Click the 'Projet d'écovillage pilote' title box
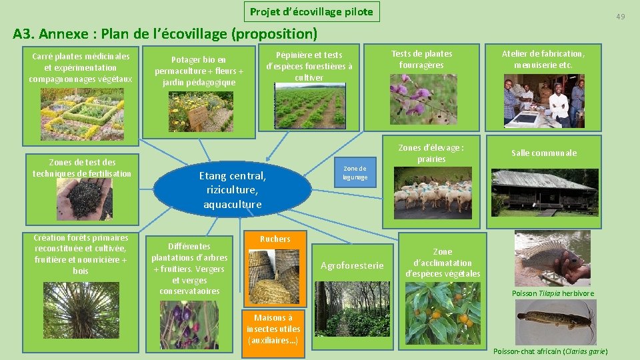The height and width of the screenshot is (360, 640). point(311,11)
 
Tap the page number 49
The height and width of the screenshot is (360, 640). point(620,16)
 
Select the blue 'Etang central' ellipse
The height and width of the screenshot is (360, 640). point(232,189)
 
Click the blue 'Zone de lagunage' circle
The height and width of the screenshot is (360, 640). point(355,173)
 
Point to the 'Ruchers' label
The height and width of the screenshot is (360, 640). point(275,239)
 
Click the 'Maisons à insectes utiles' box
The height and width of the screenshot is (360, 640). point(273,329)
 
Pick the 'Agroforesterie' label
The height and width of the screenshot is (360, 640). point(352,265)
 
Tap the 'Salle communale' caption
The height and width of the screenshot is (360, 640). point(543,153)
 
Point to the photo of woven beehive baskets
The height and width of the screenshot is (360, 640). point(274,277)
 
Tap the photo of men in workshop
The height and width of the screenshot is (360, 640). point(543,100)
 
